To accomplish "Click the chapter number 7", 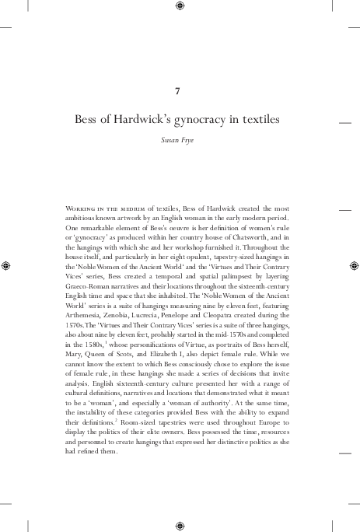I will point(180,91).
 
